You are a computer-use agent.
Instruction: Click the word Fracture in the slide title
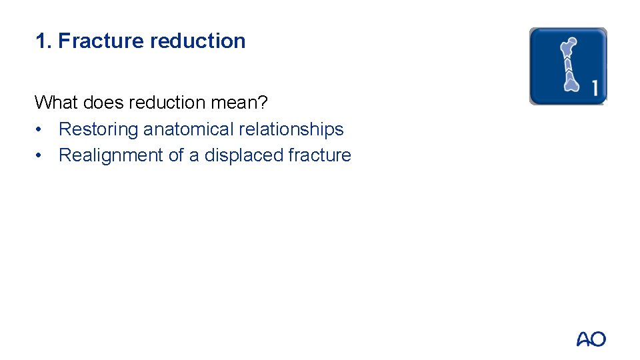pyautogui.click(x=101, y=41)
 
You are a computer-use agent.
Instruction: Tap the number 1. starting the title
pyautogui.click(x=43, y=41)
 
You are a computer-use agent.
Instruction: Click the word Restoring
pyautogui.click(x=99, y=129)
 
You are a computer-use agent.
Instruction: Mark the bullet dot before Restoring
pyautogui.click(x=41, y=130)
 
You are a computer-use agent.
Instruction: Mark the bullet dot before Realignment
pyautogui.click(x=41, y=156)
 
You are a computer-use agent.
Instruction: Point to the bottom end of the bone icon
pyautogui.click(x=572, y=84)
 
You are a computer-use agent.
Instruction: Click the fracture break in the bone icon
pyautogui.click(x=569, y=65)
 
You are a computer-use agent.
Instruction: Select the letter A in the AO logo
pyautogui.click(x=584, y=339)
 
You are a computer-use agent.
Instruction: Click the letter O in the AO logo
pyautogui.click(x=598, y=339)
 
